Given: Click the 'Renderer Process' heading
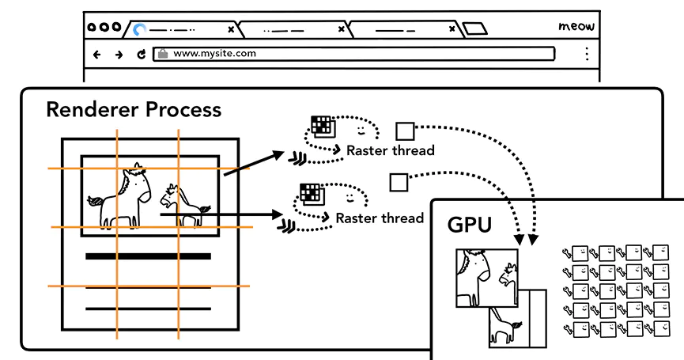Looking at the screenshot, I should coord(134,109).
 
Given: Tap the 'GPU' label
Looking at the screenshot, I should coord(470,224).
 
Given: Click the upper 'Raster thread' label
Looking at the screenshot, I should coord(391,150).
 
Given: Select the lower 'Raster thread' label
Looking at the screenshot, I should coord(380,218).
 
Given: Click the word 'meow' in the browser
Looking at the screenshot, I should coord(576,26).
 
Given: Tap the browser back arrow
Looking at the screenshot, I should coord(97,55).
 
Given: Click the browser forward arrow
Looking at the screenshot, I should coord(119,55).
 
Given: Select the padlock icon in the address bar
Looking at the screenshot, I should coord(163,54).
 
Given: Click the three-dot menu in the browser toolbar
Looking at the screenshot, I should coord(586,54).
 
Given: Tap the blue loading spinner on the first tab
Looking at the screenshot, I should coord(140,29).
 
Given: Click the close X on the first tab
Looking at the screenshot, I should coord(231,29).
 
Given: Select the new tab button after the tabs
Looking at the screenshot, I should coord(474,29).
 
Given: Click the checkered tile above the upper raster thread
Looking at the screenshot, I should coord(321,125).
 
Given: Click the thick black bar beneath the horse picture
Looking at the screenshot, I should coord(148,256).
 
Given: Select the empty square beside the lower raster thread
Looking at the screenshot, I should coord(398,183).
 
